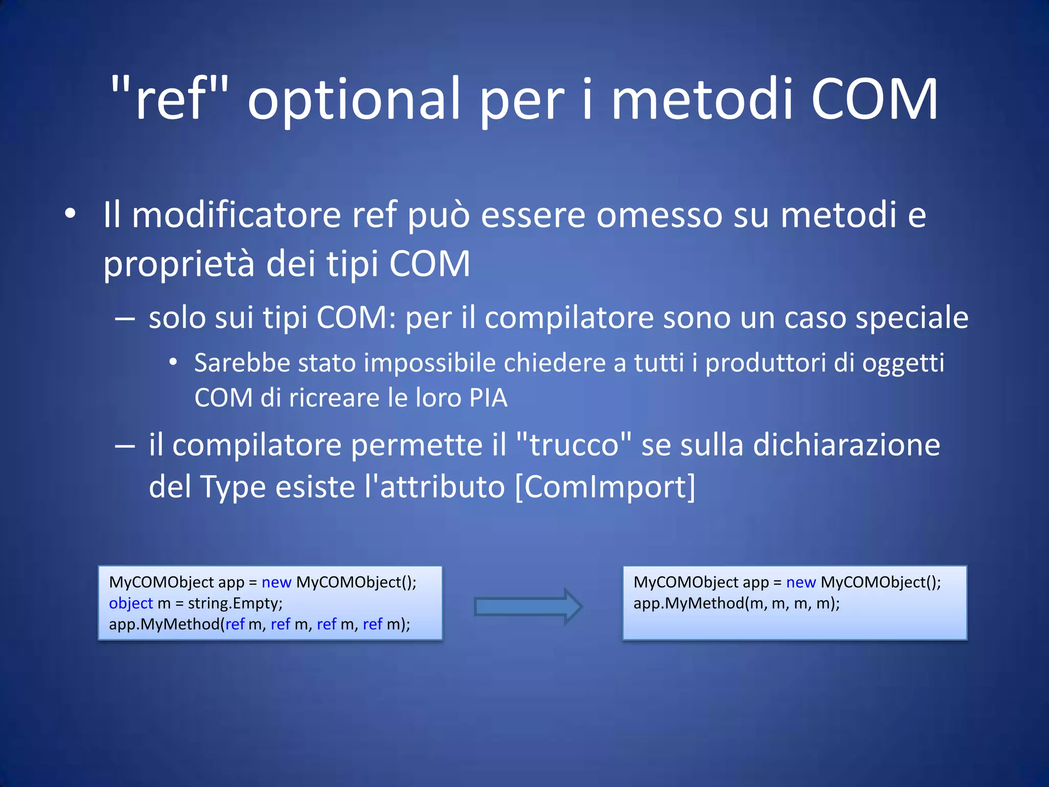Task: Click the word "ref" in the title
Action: (x=171, y=99)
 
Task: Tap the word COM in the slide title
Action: (x=874, y=99)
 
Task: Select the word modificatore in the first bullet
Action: (x=236, y=215)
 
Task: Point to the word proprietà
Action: (x=179, y=264)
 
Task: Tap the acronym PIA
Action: (x=488, y=398)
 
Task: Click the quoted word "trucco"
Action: (x=574, y=444)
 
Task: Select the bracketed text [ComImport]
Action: (x=605, y=486)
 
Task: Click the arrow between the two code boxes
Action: (x=528, y=607)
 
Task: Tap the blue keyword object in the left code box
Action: (x=131, y=603)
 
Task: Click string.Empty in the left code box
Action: (x=235, y=603)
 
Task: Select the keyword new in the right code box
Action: (x=801, y=582)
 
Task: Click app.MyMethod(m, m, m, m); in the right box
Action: (x=737, y=603)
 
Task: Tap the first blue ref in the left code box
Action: (x=235, y=624)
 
